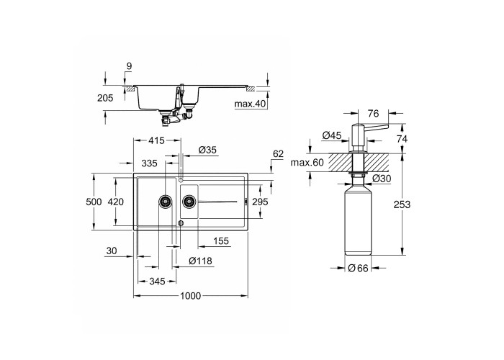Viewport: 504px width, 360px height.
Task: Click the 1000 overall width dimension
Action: coord(190,296)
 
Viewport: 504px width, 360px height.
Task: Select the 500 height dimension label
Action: coord(94,202)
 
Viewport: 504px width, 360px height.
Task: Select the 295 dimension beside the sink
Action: coord(260,202)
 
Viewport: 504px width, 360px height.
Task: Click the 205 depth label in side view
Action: coord(105,98)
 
